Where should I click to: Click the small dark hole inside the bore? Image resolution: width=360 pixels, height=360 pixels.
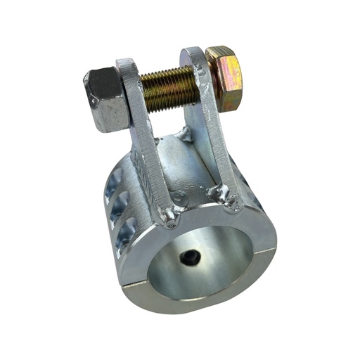point(190,258)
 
